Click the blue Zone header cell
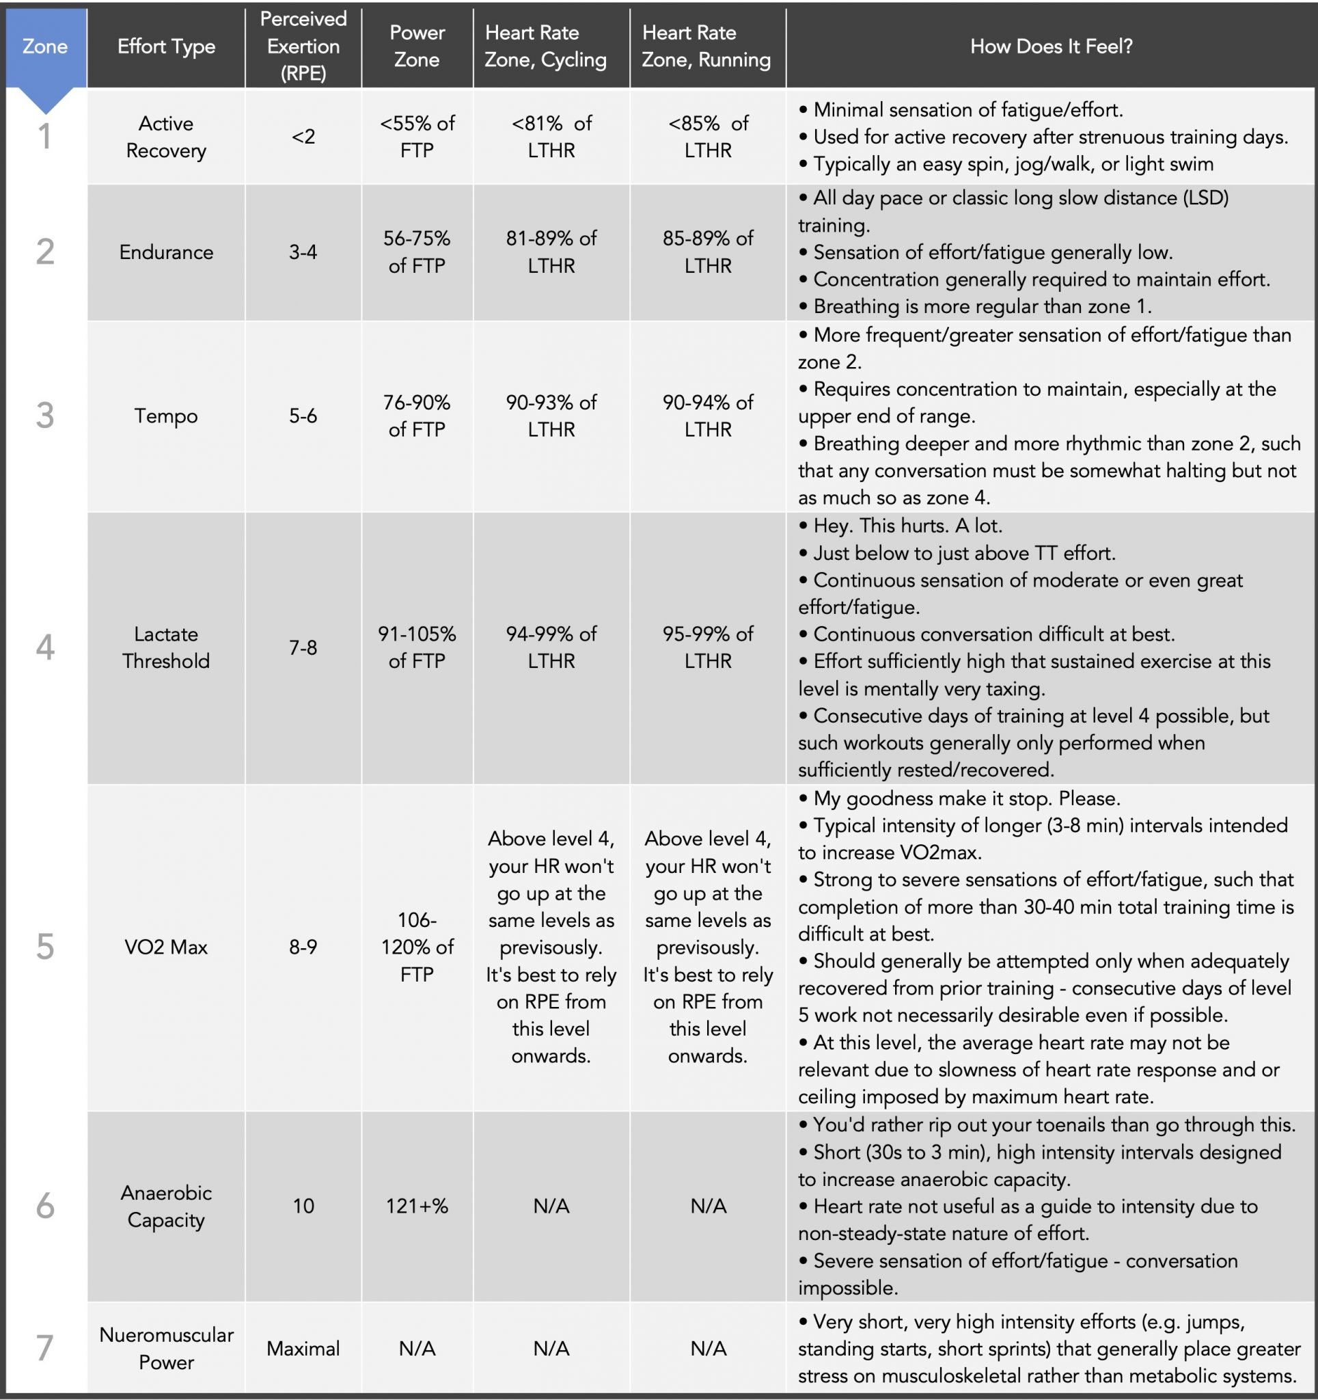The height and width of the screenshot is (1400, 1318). point(45,46)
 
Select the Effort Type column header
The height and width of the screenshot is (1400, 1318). point(166,46)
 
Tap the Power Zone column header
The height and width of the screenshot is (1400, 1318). point(417,46)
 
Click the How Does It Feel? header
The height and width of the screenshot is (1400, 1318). point(1050,46)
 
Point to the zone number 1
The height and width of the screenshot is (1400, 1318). point(45,137)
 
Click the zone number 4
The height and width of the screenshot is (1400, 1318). point(45,647)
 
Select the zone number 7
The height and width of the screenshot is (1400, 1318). point(45,1348)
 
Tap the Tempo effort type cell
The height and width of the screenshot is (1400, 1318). point(166,416)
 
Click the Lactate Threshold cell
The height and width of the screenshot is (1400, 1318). point(166,647)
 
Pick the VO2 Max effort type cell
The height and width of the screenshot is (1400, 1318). point(166,947)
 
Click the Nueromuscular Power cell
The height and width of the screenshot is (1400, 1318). point(166,1348)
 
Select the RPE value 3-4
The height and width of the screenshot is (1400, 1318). point(303,252)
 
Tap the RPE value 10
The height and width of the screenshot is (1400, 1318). point(303,1206)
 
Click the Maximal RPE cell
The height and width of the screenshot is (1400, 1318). point(303,1348)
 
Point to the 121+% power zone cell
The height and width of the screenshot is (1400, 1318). point(417,1206)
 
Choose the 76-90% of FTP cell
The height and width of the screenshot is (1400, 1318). point(417,416)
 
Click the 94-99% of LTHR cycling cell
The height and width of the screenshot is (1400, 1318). point(551,647)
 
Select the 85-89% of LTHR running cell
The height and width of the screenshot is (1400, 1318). point(708,252)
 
